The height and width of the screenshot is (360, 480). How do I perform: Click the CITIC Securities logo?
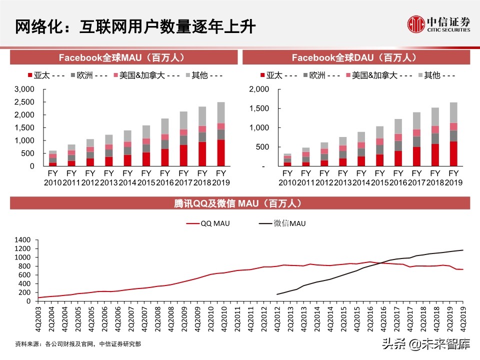[x=438, y=24]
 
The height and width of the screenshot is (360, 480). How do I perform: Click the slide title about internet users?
[x=135, y=26]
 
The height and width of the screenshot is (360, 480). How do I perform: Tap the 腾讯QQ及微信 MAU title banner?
[x=240, y=203]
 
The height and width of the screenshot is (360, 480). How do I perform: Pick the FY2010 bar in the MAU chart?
[x=52, y=158]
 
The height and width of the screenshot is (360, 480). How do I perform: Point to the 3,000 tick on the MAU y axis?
[x=24, y=89]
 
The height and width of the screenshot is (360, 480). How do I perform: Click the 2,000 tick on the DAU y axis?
[x=259, y=89]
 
